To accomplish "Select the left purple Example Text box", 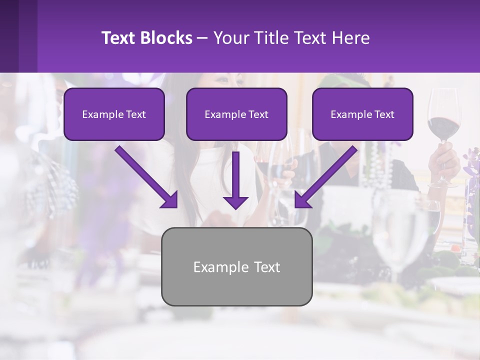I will pos(114,114).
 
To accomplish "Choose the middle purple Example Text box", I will pos(236,114).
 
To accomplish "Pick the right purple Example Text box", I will pos(362,114).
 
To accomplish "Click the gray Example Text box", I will pos(236,266).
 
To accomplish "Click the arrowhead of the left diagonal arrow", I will pos(170,200).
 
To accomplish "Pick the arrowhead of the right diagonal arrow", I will pos(302,200).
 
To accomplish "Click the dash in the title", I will pos(202,38).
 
